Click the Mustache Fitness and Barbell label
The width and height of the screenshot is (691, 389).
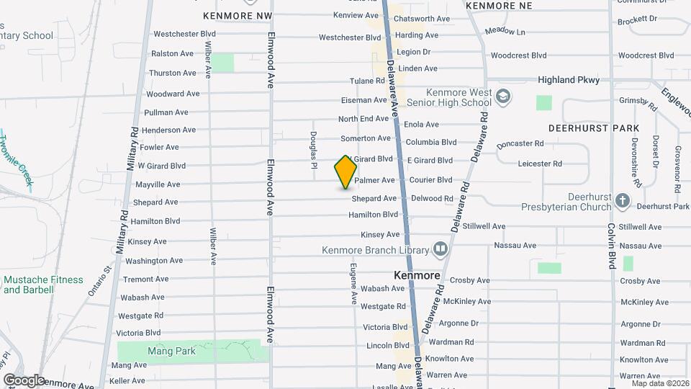(43, 285)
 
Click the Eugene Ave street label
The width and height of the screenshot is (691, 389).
(353, 281)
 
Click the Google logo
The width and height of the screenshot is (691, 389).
(23, 380)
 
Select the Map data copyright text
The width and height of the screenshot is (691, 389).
(660, 383)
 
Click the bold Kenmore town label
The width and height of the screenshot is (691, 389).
(417, 275)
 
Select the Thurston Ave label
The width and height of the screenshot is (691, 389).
(172, 73)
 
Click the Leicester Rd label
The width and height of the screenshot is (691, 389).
(539, 164)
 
